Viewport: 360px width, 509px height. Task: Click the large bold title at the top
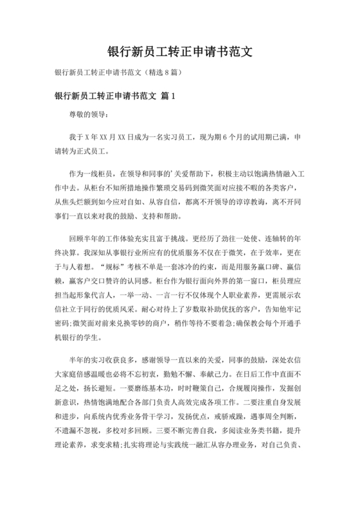click(180, 52)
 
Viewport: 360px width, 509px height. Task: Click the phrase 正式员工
click(93, 152)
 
